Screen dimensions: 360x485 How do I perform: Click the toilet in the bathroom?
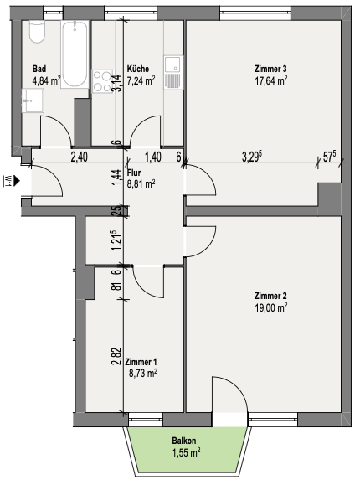point(38,31)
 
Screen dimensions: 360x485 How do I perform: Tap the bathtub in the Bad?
point(75,54)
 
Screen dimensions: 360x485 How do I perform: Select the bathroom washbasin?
point(33,101)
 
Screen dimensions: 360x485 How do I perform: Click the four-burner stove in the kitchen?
point(102,81)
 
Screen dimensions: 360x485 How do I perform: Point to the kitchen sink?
point(173,73)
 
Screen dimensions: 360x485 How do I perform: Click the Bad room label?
point(39,69)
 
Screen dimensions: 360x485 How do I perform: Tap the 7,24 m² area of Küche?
point(141,80)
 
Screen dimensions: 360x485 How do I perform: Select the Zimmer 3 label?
point(270,69)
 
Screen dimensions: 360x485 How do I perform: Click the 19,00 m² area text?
point(271,307)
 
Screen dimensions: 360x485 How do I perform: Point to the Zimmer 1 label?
point(141,362)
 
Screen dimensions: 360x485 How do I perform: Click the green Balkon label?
point(184,441)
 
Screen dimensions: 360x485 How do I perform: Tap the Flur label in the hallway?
point(134,173)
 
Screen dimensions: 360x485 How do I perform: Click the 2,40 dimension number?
point(80,157)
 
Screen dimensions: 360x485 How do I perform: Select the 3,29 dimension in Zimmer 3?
point(252,157)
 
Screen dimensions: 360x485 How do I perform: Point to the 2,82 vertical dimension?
point(117,356)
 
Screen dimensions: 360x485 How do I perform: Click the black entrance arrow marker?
point(17,181)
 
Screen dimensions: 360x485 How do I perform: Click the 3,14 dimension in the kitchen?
point(117,83)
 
